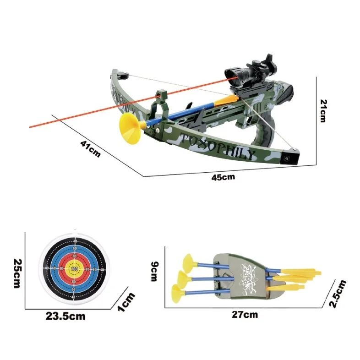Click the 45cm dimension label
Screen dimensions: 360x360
click(x=224, y=177)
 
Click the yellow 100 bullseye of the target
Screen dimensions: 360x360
click(x=73, y=268)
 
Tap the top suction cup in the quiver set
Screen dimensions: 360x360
click(x=187, y=263)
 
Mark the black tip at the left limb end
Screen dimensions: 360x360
click(x=123, y=72)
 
